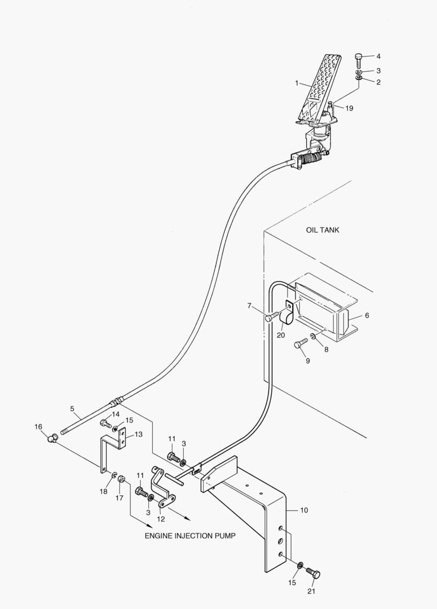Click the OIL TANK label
tap(323, 230)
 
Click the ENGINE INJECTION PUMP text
tap(190, 536)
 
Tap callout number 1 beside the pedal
tap(297, 83)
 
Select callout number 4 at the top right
tap(378, 56)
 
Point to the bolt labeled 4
tap(359, 61)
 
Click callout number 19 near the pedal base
tap(349, 108)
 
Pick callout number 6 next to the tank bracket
tap(367, 315)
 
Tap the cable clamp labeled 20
tap(286, 314)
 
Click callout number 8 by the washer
tap(326, 350)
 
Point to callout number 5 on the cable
tap(72, 409)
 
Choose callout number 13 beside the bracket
tap(138, 434)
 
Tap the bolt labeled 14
tap(105, 423)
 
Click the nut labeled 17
tap(121, 479)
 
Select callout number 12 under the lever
tap(161, 519)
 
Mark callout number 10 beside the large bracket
tap(304, 510)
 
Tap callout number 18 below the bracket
tap(103, 491)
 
